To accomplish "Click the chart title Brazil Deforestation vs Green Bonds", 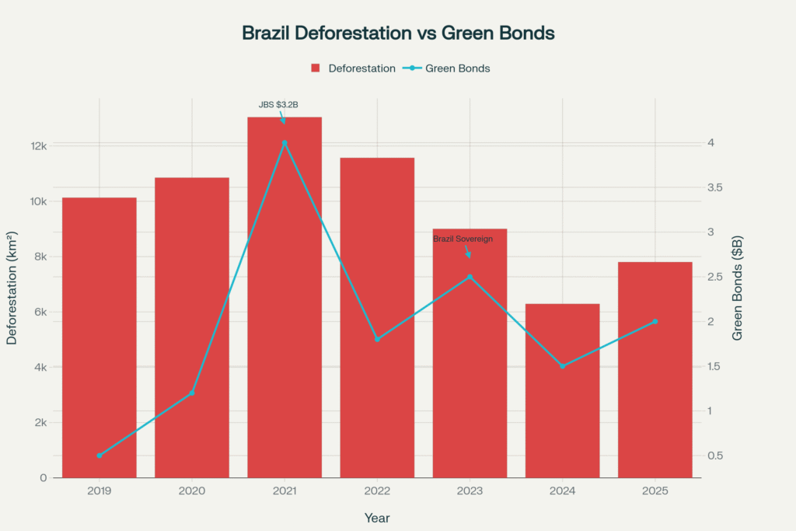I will tap(397, 33).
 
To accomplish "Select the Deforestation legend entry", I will tap(354, 68).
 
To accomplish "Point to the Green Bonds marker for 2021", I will tap(285, 143).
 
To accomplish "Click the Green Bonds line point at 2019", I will tap(99, 456).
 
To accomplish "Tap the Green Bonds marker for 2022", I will tap(377, 339).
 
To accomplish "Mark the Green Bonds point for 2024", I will tap(562, 365).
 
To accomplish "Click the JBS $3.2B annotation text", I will tap(278, 104).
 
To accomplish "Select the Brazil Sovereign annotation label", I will tap(463, 239).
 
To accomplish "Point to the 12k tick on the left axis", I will tap(39, 146).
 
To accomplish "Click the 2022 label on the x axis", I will tap(377, 491).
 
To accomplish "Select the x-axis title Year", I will tap(377, 517).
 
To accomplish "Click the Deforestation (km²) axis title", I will tap(13, 288).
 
